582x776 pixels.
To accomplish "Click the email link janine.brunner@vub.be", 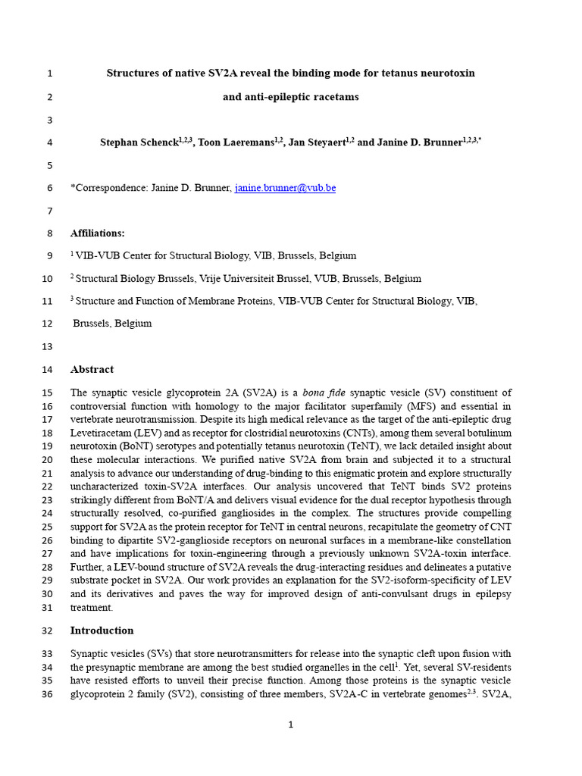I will point(285,188).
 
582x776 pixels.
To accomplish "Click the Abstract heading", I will point(92,370).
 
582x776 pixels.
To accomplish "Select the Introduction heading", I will point(102,630).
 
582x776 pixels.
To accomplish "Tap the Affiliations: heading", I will point(98,233).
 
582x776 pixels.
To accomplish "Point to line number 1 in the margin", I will point(49,74).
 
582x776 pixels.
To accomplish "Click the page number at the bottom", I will point(290,725).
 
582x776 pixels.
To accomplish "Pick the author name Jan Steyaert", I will point(317,142).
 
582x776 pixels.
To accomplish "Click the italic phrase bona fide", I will point(324,393).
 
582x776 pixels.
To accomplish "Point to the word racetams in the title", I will point(333,97).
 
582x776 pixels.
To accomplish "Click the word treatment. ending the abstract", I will point(92,608).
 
